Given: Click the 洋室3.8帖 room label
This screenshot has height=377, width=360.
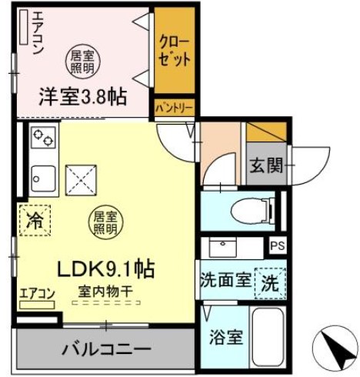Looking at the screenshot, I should [82, 98].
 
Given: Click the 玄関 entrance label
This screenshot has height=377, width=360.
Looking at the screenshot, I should [266, 164].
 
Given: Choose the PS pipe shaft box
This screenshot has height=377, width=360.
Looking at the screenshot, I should [277, 246].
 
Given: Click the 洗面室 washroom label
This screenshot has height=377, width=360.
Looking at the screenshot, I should [225, 281].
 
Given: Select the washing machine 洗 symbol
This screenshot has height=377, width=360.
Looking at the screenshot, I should [269, 281].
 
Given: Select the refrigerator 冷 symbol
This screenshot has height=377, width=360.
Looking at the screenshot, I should [35, 219].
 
